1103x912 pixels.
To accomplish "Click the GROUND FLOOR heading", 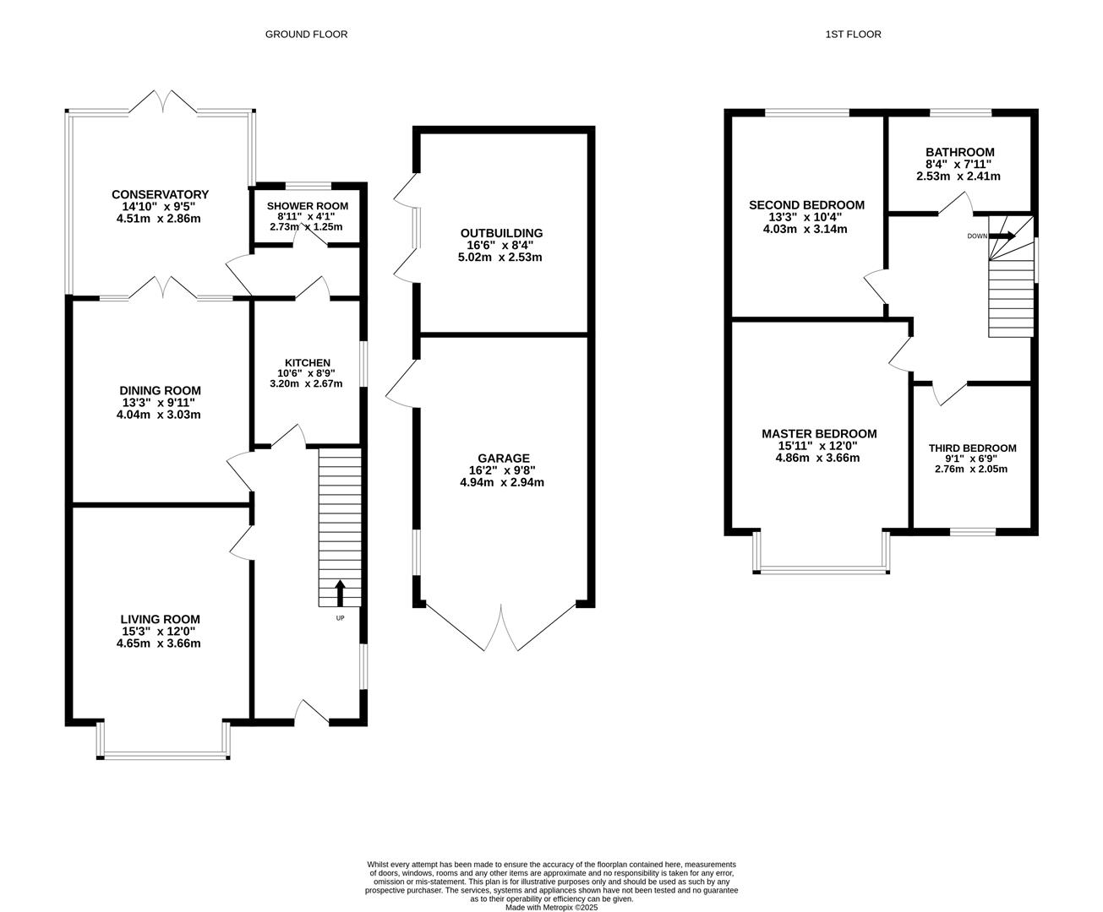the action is [x=306, y=35].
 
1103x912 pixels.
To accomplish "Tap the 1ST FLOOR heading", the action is [x=853, y=35].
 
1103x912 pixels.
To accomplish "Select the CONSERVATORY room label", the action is [x=160, y=194].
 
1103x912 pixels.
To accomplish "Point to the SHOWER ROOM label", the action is [x=308, y=206].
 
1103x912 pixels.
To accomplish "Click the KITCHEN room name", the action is [x=308, y=362].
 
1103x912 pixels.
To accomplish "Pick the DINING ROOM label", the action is [x=160, y=390].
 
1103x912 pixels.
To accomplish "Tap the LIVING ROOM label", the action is [x=160, y=619].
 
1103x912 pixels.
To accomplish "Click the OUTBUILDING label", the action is [x=501, y=233].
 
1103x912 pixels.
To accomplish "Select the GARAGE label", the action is [x=504, y=458].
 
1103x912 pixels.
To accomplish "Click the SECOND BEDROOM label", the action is [x=806, y=204].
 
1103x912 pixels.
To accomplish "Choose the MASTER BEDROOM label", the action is [x=819, y=434].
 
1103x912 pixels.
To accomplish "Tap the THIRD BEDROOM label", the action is [x=973, y=448].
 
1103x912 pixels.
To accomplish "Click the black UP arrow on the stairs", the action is [x=340, y=593].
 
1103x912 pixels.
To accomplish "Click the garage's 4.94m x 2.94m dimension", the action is [x=502, y=482].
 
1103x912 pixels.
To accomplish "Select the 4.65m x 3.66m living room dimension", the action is [x=159, y=643].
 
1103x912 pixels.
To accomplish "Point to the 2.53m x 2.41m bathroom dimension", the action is [x=958, y=176].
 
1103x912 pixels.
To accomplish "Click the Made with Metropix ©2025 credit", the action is [x=551, y=908].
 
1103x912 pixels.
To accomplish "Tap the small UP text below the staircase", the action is [x=340, y=618].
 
